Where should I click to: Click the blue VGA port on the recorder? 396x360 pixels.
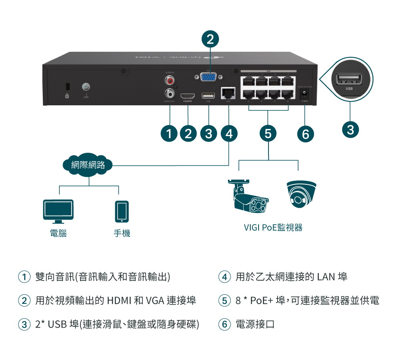[208, 77]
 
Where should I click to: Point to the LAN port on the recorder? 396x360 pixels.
[228, 93]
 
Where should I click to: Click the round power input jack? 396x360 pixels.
[305, 94]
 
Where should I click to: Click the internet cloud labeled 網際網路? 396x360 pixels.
[88, 165]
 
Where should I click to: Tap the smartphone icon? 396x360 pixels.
[122, 212]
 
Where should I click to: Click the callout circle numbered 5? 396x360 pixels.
[268, 134]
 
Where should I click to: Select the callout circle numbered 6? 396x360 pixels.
[305, 134]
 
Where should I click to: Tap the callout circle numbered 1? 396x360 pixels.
[169, 134]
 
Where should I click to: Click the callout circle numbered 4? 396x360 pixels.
[229, 134]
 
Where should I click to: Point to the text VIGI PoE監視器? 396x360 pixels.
[273, 227]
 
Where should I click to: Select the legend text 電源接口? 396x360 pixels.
[255, 325]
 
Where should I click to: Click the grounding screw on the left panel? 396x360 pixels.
[86, 86]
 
